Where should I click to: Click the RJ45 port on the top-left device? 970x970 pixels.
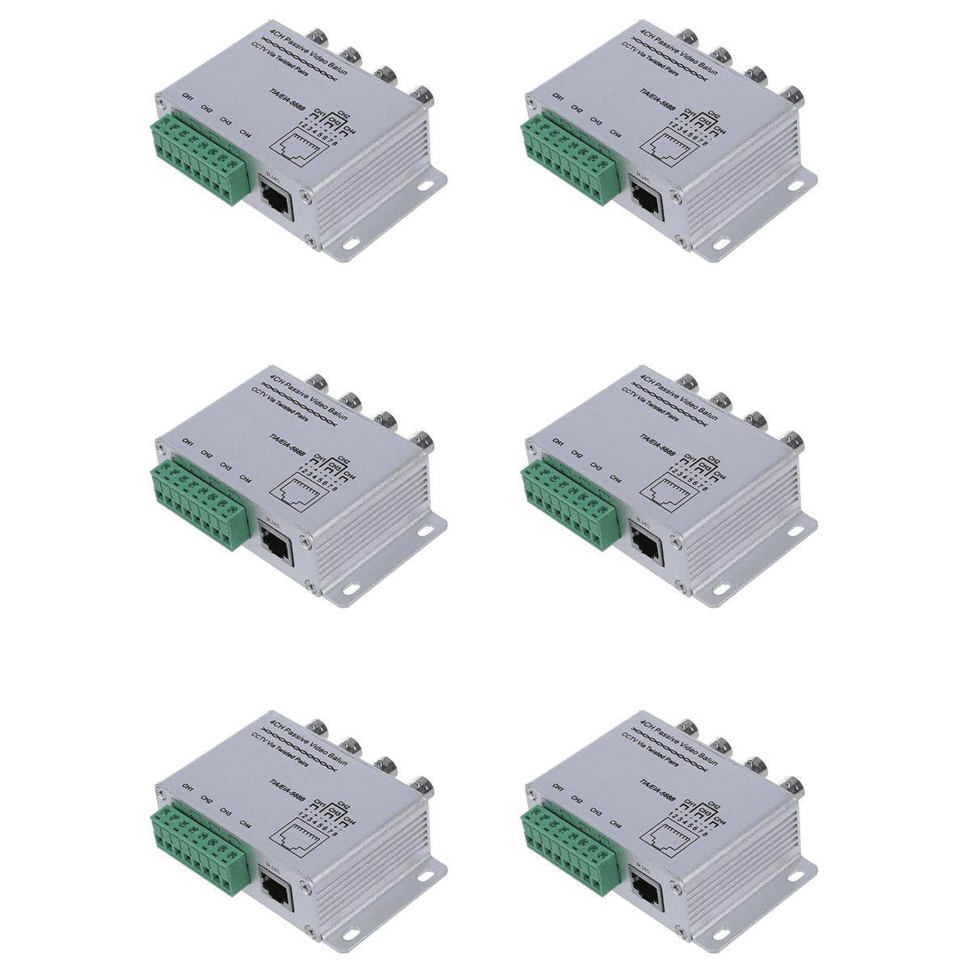pyautogui.click(x=276, y=199)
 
